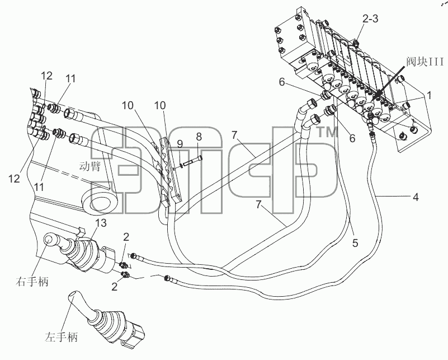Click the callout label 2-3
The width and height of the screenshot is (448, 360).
tap(370, 18)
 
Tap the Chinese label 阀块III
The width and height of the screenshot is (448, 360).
tap(426, 62)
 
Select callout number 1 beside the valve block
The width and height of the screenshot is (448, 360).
tap(428, 95)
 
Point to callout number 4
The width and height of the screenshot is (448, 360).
tap(416, 197)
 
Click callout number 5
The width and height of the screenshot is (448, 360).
tap(355, 243)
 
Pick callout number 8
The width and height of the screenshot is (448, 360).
tap(199, 137)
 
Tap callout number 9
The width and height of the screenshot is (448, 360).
tap(180, 144)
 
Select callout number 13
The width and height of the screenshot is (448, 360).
tap(102, 223)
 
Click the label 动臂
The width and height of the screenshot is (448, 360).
tap(89, 166)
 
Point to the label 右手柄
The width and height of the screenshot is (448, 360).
tap(32, 282)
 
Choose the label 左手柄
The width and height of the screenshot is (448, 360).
tap(61, 337)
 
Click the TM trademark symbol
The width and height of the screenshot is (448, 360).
tap(328, 132)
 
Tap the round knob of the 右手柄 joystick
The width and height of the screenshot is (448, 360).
tap(50, 240)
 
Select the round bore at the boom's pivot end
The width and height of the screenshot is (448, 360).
tap(103, 203)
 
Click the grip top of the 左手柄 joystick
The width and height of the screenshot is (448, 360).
tap(74, 296)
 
